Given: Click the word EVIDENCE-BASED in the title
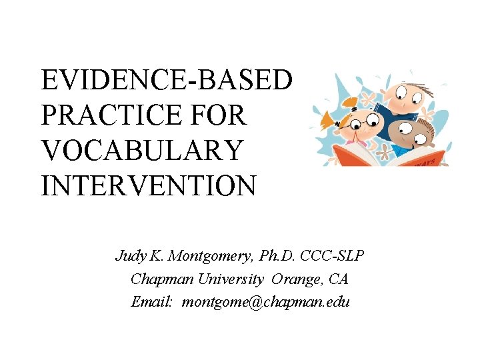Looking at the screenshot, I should point(166,81).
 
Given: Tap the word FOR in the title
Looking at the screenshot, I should point(224,115).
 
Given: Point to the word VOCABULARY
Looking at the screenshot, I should point(141,150).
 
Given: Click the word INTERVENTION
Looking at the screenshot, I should point(148,185).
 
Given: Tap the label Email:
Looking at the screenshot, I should point(152,301).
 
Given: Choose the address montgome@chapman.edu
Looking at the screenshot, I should point(266,301).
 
